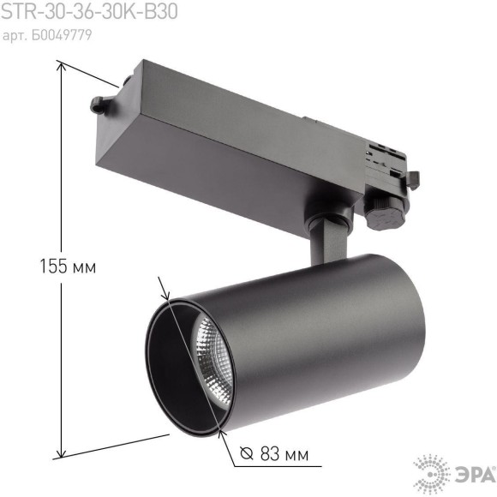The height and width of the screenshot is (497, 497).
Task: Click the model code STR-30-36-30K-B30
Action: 89,13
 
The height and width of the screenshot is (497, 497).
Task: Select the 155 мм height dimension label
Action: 68,266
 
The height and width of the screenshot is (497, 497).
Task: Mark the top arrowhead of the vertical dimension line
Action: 59,64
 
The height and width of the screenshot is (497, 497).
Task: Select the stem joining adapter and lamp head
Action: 326,239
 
